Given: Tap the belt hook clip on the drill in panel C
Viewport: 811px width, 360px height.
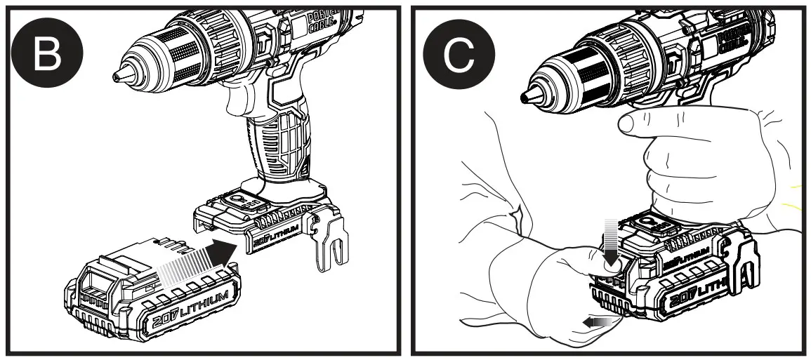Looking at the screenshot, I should [745, 267].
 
